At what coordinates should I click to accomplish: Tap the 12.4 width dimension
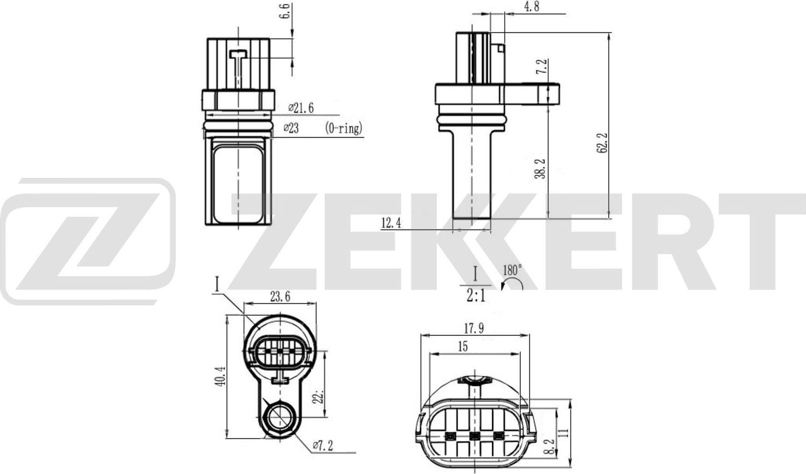(x=391, y=223)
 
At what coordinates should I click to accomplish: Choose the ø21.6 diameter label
(x=301, y=108)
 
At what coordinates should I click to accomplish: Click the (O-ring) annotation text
(x=344, y=128)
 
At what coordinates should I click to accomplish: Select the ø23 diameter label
(x=291, y=128)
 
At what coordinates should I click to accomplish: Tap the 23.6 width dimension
(x=280, y=296)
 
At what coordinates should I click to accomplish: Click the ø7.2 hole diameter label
(x=322, y=445)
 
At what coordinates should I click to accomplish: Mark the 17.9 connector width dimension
(x=473, y=328)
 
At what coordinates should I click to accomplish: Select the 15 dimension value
(x=463, y=347)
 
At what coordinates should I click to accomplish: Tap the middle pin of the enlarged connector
(x=473, y=435)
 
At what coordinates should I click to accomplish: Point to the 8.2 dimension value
(x=548, y=447)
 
